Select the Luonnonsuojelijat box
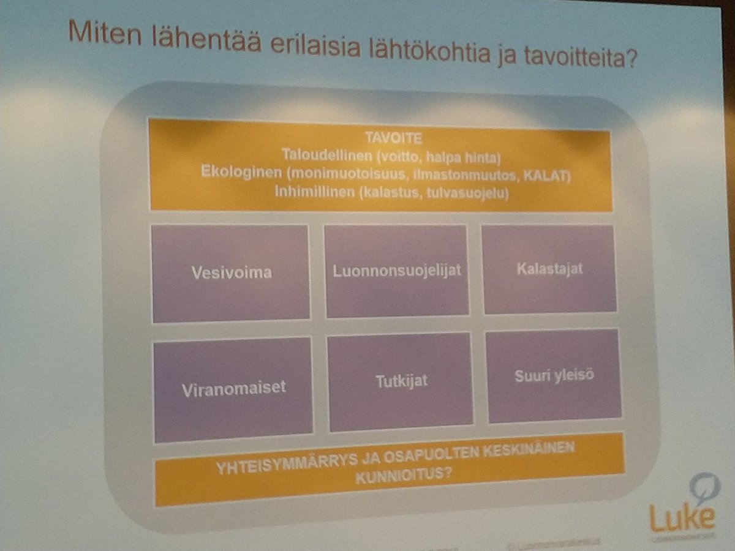click(x=395, y=271)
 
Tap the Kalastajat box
click(x=549, y=269)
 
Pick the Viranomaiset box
click(x=233, y=388)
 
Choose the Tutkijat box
click(x=401, y=381)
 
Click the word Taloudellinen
click(x=317, y=156)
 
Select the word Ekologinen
click(x=241, y=173)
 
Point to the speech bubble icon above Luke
click(x=703, y=487)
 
